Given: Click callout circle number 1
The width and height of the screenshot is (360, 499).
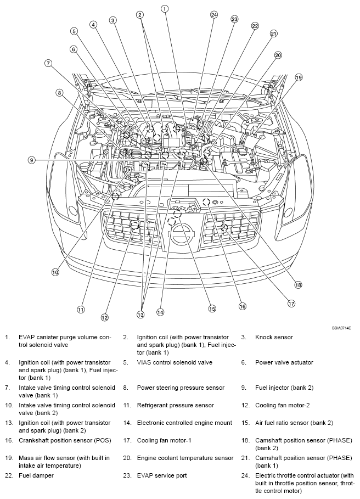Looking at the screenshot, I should pos(165,9).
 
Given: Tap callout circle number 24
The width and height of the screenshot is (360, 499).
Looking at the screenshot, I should pos(213,15).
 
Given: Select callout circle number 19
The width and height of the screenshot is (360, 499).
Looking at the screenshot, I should pos(299,77).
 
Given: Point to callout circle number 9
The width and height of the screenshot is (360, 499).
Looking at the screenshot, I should pos(32,160).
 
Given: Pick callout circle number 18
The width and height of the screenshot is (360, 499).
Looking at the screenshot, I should pos(298,284).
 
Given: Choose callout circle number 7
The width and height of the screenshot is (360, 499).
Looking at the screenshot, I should pos(48,63).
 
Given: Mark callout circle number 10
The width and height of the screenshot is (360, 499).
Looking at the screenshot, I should pos(55,272).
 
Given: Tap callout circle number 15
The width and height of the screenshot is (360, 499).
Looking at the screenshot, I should pos(212,309).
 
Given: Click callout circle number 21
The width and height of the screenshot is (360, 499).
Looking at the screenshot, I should pos(273,33).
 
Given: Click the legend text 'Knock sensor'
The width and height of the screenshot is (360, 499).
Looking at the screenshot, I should pos(274,337).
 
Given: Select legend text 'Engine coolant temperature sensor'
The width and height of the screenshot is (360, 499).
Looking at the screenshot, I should pos(185,458).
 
